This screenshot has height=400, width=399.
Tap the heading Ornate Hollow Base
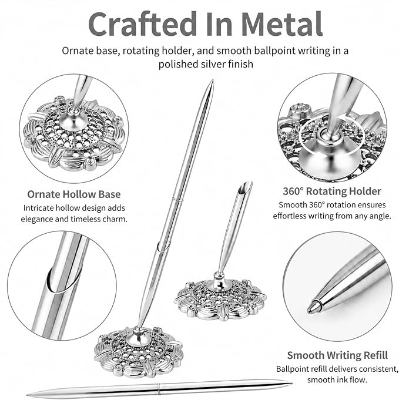pos(74,194)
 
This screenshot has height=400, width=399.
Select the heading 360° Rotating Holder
pos(332,191)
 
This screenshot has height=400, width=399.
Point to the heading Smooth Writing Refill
pos(337,355)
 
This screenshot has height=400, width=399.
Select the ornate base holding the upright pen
pos(139,351)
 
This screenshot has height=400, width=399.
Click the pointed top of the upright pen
pos(212,81)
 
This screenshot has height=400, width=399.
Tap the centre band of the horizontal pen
pos(159,388)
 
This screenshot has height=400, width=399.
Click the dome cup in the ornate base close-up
pos(73,119)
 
